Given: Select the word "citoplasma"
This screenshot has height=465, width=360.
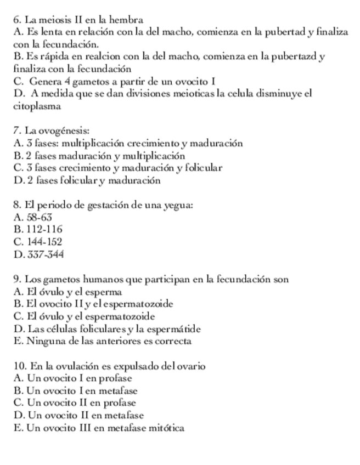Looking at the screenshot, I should pyautogui.click(x=36, y=106).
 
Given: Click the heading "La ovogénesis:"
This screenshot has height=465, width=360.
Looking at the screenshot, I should pyautogui.click(x=50, y=131).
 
